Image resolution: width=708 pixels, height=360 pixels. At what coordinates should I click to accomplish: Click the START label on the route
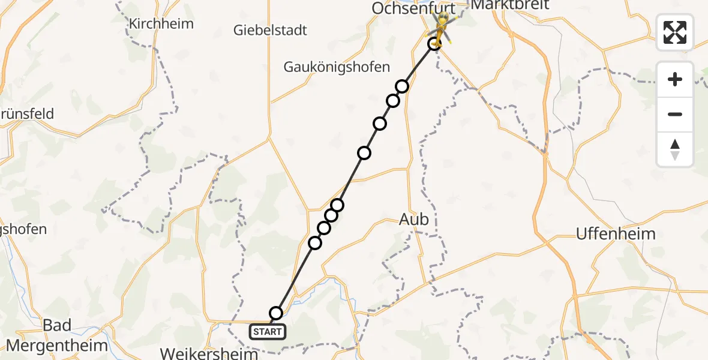[x=268, y=331]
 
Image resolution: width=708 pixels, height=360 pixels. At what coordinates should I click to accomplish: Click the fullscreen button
[x=675, y=32]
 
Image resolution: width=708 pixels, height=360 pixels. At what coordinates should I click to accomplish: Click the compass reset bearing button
[x=675, y=149]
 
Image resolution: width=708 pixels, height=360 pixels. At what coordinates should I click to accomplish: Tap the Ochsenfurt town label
[x=413, y=8]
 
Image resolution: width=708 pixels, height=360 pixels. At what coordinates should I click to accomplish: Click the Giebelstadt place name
[x=270, y=29]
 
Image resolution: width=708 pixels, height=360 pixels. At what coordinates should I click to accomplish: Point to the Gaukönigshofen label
[x=337, y=67]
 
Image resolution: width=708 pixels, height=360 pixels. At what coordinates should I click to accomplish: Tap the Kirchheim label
[x=161, y=24]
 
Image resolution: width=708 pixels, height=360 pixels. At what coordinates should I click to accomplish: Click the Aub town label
[x=414, y=220]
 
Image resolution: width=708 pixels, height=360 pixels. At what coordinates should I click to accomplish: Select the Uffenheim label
[x=615, y=233]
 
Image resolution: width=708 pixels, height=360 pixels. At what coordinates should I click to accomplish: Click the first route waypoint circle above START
[x=276, y=313]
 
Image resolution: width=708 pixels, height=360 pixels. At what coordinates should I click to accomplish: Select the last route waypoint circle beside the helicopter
[x=434, y=44]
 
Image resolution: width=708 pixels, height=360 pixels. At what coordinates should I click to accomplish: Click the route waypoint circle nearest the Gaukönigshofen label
[x=402, y=86]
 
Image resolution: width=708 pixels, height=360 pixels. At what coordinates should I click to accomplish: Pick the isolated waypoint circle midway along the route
[x=364, y=153]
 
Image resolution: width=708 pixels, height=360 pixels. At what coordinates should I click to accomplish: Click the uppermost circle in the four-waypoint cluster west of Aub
[x=337, y=205]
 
